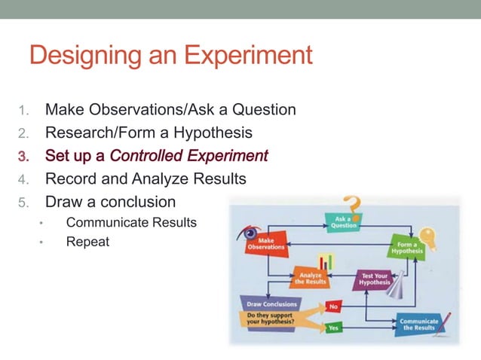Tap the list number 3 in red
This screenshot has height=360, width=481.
[23, 157]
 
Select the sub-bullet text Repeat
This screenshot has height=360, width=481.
[87, 242]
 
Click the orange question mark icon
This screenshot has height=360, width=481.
[351, 206]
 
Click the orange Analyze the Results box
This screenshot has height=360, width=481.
[311, 278]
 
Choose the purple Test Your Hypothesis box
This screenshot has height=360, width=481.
[374, 279]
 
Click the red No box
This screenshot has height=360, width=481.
[333, 307]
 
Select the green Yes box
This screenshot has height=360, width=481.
[333, 327]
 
